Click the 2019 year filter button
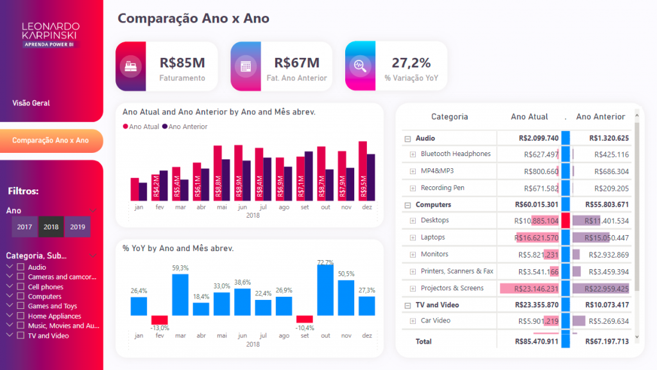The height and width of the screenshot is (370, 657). coord(78,227)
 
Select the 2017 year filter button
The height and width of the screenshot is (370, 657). coord(25,227)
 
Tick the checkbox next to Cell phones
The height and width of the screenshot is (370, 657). coord(21,287)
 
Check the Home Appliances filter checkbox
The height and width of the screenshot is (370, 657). coord(21,316)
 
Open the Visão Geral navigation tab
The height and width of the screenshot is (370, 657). coord(31,103)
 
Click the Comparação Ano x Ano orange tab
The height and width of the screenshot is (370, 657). coord(50,140)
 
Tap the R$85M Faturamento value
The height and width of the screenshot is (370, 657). coord(182,63)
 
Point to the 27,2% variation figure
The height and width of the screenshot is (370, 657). coord(411,63)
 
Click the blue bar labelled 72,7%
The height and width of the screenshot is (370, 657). coord(326,290)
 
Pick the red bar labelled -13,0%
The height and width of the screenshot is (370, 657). coord(159,320)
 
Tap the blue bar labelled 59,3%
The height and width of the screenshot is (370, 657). coord(180,294)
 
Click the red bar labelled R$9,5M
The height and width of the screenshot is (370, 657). coord(363,171)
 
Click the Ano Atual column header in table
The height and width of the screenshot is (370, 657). coord(529,117)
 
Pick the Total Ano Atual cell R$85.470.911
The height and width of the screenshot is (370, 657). coord(536,342)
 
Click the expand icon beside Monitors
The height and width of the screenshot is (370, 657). coord(413,254)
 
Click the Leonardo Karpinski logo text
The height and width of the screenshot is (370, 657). coord(51,31)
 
